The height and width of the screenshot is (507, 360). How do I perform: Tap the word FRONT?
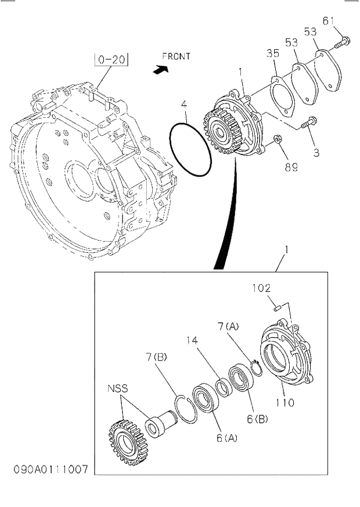tap(176, 56)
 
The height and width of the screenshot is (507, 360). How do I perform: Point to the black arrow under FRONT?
tap(159, 69)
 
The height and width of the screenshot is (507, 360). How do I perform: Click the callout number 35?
tap(273, 53)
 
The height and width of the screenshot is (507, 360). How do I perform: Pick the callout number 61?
tap(329, 21)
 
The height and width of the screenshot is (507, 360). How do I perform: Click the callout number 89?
tap(290, 167)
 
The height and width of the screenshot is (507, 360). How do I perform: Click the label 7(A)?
tap(229, 328)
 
